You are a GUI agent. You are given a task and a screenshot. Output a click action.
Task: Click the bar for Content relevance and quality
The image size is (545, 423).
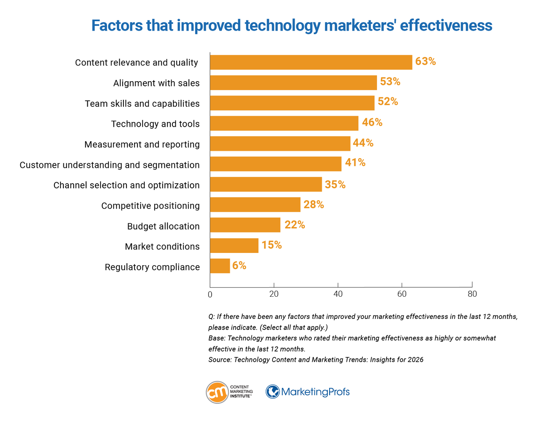[311, 62]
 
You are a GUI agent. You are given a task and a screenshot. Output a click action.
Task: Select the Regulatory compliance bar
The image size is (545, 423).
[220, 266]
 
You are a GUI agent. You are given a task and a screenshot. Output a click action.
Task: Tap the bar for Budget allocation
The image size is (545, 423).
[245, 225]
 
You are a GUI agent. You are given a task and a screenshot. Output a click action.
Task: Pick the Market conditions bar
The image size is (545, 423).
[234, 245]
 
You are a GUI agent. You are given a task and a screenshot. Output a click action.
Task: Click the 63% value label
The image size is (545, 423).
[425, 62]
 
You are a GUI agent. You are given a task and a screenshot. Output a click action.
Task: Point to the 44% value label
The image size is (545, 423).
[363, 143]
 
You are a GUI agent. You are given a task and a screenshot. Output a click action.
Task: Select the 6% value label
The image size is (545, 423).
[239, 266]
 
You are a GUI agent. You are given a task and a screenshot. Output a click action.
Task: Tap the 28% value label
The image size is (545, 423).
[314, 205]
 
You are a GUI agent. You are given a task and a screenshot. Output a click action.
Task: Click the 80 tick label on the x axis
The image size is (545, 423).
[472, 294]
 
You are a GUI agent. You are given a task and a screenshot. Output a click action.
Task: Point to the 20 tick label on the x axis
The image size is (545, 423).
[274, 294]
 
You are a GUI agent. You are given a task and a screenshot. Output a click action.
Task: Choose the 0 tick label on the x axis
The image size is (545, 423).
[210, 294]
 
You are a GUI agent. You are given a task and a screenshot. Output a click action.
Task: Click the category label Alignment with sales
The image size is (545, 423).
[156, 83]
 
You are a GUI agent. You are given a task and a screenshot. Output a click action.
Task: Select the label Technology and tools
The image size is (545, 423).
[155, 124]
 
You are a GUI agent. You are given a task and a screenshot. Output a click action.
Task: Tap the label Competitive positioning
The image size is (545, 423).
[150, 206]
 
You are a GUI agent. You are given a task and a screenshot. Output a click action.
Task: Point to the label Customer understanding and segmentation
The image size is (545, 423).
[109, 165]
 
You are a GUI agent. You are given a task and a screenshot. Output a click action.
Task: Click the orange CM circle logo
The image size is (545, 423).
[217, 392]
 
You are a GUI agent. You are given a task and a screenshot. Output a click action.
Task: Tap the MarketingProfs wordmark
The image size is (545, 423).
[315, 392]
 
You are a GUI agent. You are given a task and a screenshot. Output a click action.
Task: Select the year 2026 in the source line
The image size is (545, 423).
[416, 360]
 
